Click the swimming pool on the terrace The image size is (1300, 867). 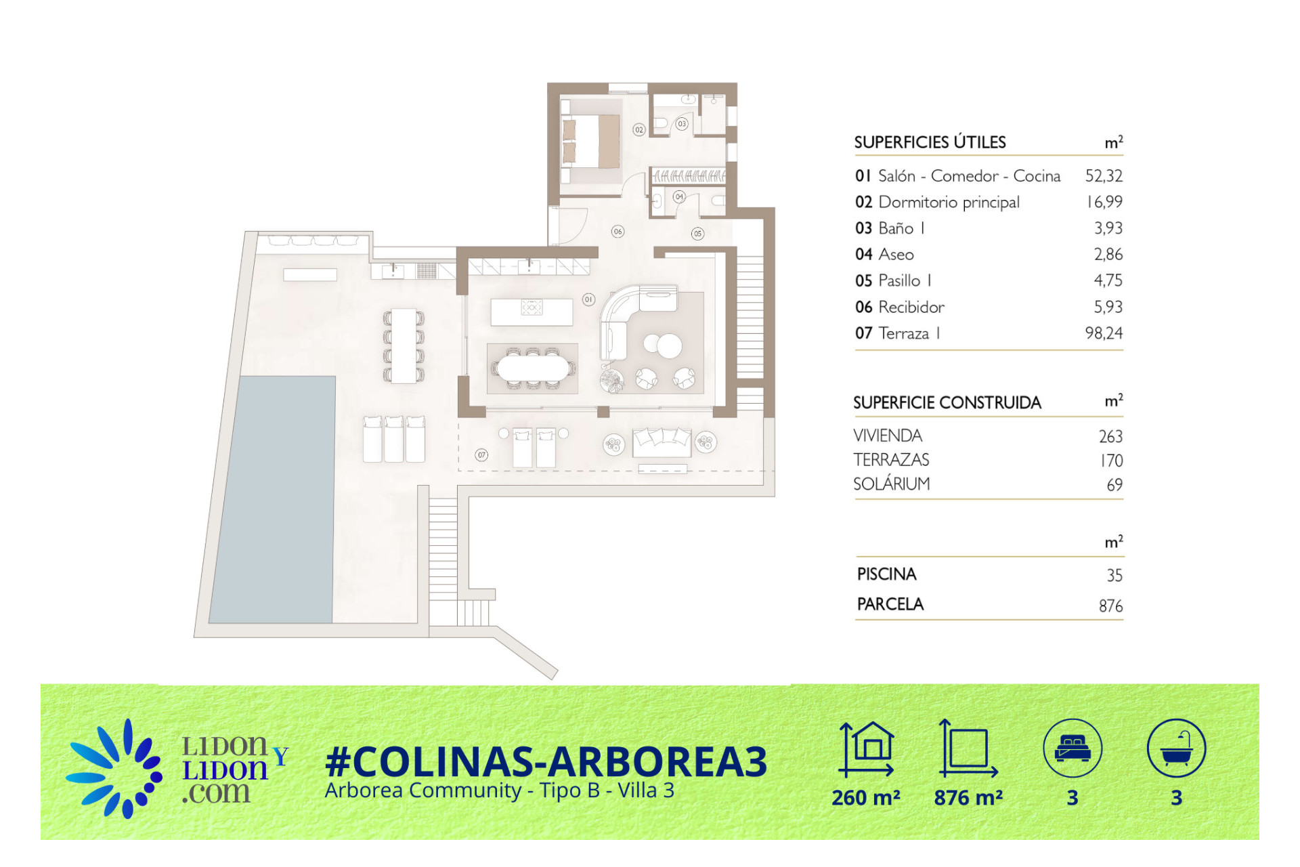pos(273,499)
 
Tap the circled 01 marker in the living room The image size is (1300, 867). pos(588,299)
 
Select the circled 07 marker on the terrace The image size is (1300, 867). pos(481,455)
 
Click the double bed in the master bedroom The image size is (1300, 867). pos(591,141)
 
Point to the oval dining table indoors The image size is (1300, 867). pos(533,368)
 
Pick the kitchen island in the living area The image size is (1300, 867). pos(532,312)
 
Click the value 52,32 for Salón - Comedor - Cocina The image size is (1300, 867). pos(1104,176)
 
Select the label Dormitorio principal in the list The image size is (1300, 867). pos(949,203)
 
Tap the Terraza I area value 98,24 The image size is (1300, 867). pos(1104,333)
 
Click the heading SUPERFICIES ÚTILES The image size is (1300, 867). pos(930,142)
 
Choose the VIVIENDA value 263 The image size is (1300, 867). pos(1110,436)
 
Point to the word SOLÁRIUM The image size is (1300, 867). pos(892,484)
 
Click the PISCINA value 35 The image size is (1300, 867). pos(1114,575)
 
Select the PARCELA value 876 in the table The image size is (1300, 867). pos(1110,606)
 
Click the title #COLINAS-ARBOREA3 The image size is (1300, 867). pos(546,761)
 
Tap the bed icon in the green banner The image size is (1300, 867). pos(1072,748)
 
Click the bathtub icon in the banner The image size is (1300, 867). pos(1177,748)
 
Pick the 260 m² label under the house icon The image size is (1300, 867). pos(866,797)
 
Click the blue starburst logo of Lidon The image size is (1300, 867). pos(115,768)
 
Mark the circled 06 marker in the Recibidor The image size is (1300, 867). pos(617,232)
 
